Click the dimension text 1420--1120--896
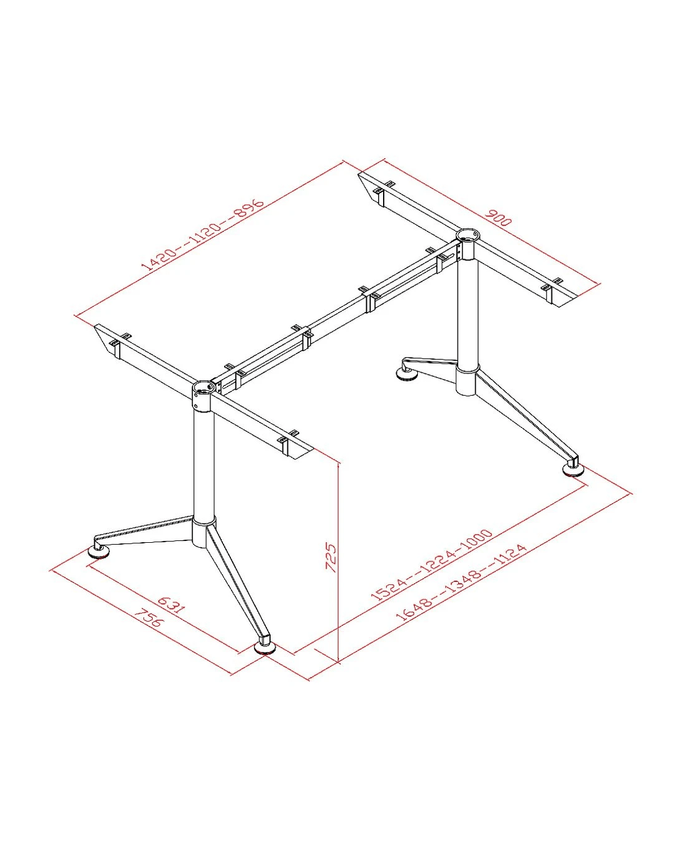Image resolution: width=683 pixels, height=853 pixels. pos(203,234)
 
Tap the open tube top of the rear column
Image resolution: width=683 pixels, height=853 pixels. pos(467,234)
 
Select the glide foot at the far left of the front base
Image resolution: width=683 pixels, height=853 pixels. pos(99,552)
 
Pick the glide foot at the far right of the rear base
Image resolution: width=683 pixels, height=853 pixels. pos(574,470)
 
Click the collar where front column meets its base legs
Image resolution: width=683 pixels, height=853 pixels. pos(203,532)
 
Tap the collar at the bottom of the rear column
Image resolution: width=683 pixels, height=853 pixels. pos(467,380)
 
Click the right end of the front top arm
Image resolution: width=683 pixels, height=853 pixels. pos(304,453)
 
